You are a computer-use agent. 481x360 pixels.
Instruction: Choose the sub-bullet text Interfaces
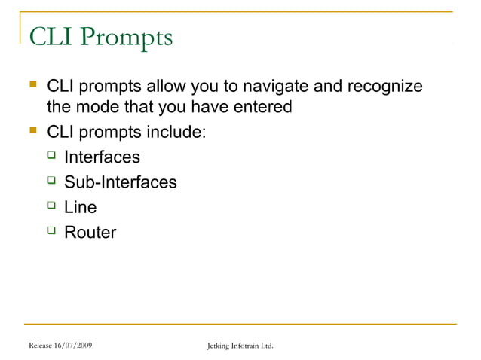[102, 157]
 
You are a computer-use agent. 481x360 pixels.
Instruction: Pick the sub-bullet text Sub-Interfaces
[120, 182]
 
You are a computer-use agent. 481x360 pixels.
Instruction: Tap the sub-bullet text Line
[80, 207]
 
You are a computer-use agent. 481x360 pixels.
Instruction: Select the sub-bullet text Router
[90, 232]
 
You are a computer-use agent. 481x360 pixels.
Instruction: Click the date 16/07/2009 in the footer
[75, 346]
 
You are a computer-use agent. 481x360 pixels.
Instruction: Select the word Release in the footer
[42, 346]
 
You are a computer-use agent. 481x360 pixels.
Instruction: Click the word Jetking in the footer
[219, 346]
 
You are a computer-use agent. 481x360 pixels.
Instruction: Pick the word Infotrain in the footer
[247, 346]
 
